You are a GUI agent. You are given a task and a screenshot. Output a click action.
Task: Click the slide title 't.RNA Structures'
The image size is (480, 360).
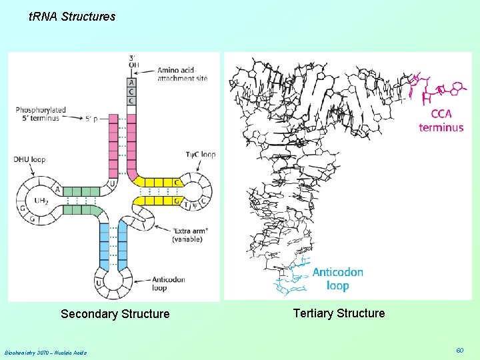(x=72, y=17)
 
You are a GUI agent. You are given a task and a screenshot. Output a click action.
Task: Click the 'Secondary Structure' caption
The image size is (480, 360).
(x=115, y=314)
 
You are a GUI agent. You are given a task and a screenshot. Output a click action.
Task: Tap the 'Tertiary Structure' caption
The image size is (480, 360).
(x=339, y=313)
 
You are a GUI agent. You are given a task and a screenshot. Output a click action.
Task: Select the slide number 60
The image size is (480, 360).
(x=459, y=351)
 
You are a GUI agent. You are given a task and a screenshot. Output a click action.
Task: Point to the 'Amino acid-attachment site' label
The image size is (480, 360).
(x=182, y=73)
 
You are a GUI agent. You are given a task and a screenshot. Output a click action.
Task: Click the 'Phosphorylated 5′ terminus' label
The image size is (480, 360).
(x=41, y=113)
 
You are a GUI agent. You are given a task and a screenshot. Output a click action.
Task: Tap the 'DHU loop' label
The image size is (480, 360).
(x=30, y=159)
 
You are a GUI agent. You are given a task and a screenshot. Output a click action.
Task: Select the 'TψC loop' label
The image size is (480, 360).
(x=201, y=155)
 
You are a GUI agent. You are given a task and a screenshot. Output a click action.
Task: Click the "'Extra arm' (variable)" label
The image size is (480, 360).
(x=191, y=235)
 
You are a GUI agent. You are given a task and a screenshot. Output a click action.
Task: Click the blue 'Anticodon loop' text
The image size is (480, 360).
(x=337, y=279)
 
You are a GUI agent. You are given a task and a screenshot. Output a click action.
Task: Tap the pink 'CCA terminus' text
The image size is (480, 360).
(x=441, y=121)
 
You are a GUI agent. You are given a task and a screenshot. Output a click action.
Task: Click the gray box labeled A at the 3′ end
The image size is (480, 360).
(x=131, y=83)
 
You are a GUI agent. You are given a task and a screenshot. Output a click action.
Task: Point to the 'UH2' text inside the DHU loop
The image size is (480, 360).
(x=42, y=200)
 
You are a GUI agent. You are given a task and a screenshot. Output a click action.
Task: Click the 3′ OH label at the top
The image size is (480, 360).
(x=134, y=61)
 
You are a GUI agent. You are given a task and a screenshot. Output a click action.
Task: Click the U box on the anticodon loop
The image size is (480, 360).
(x=99, y=283)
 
